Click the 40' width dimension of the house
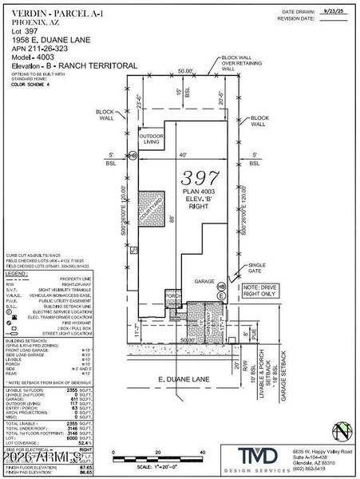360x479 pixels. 186,155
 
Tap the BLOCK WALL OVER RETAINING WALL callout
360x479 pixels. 240,63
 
